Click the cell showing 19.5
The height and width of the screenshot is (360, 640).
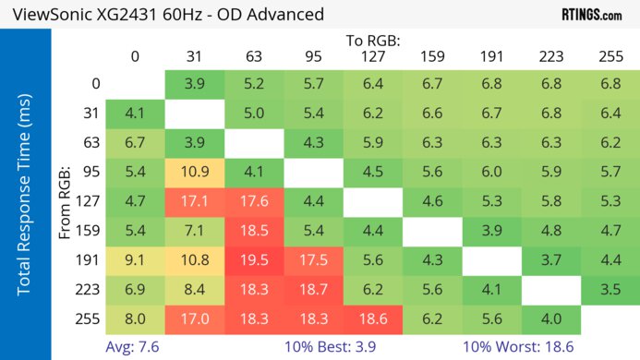pos(254,261)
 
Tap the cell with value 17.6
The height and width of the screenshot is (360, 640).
pos(254,202)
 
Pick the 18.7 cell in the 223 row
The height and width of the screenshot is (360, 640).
pos(313,291)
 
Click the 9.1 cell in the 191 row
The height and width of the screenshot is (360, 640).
pos(136,261)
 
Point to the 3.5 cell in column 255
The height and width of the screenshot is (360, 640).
pos(610,291)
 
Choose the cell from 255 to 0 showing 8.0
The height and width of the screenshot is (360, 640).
pos(136,320)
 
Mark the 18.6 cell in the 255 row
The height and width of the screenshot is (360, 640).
pos(372,320)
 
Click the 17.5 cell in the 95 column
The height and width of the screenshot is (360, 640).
pos(313,261)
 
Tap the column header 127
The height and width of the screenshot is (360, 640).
pos(372,57)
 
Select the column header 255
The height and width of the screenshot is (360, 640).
pos(610,57)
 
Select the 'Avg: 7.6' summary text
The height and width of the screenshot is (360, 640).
pos(135,346)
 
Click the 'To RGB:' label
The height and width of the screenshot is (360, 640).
pos(372,42)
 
